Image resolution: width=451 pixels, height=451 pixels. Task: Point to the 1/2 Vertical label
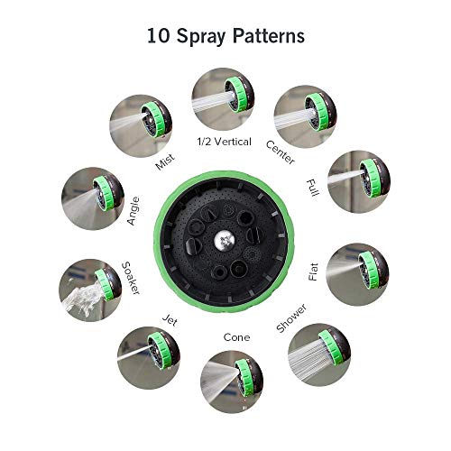point(225,142)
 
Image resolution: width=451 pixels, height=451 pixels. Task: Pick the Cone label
point(236,337)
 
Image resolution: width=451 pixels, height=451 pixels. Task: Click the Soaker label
point(131,280)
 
